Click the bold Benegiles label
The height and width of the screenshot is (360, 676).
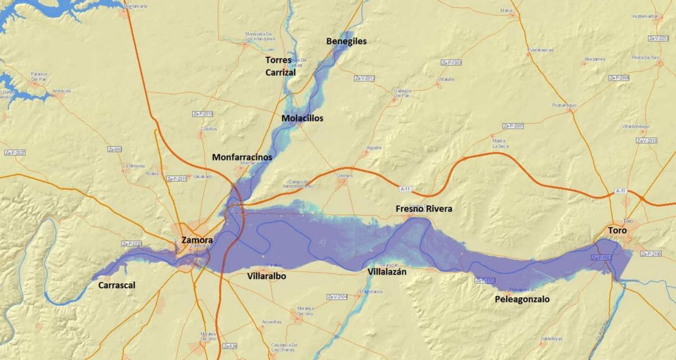tap(346, 41)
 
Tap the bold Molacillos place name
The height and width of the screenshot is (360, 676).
tap(303, 118)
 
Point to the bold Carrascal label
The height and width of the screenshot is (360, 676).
tap(117, 286)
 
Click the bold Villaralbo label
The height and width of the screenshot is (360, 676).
tap(266, 277)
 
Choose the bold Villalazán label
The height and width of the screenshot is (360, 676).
tap(387, 272)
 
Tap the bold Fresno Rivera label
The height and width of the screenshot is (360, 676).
tap(424, 209)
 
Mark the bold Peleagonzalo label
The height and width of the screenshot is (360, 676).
tap(522, 300)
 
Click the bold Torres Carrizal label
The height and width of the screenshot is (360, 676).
tap(280, 66)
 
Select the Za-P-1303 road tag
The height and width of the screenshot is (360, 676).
tap(451, 63)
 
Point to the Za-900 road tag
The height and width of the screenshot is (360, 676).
tap(114, 149)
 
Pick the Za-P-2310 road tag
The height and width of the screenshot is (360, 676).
tap(203, 114)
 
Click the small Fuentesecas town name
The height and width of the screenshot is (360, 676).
tap(540, 50)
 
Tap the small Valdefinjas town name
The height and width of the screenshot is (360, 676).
tap(551, 339)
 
